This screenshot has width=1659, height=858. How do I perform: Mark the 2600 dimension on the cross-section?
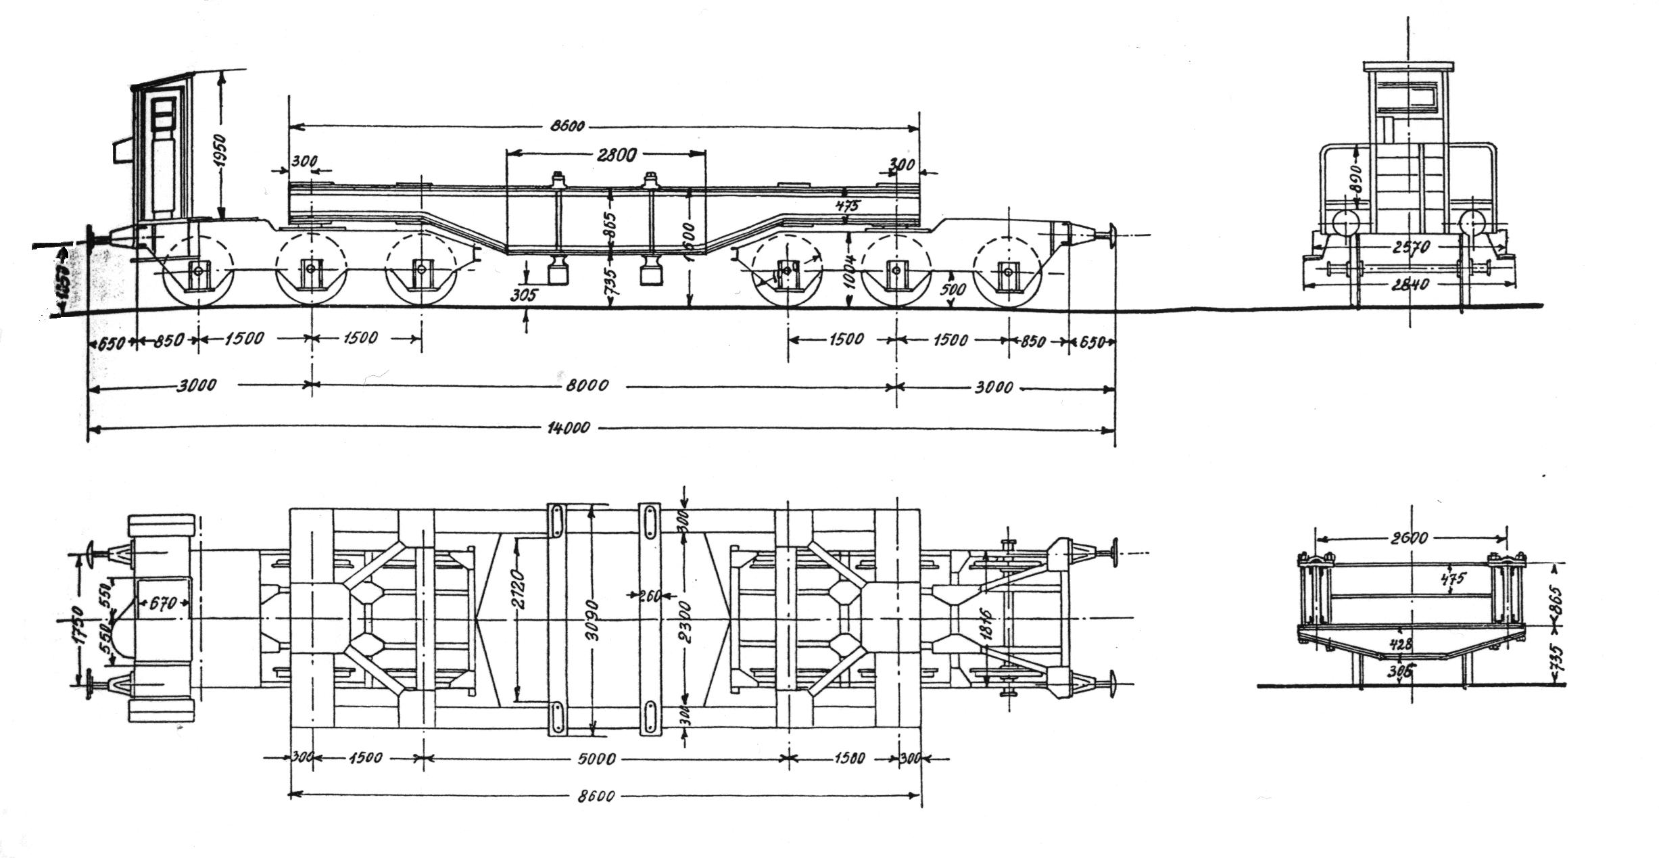tap(1410, 538)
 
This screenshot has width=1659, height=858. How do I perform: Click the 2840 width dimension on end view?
tap(1410, 285)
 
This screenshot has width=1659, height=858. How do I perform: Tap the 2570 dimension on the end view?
tap(1410, 248)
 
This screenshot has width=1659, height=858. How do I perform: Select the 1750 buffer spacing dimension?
tap(80, 625)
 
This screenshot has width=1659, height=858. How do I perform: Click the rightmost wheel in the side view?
tap(1007, 272)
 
